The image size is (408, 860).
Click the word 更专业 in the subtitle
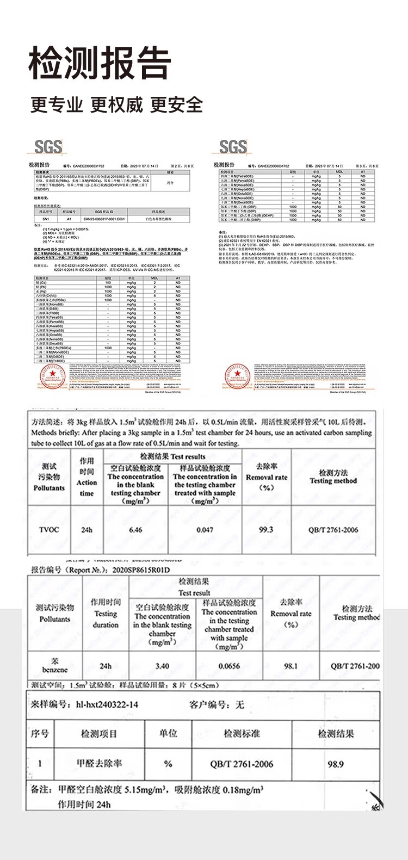57,104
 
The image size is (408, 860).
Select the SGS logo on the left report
48,146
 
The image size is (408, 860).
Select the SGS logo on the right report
233,146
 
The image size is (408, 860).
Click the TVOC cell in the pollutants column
49,529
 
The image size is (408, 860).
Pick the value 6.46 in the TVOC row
135,529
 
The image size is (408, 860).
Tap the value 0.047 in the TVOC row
205,529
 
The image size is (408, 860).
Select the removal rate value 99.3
266,529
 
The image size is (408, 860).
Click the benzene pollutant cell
54,665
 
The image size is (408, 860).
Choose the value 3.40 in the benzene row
162,666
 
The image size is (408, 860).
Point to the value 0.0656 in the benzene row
229,666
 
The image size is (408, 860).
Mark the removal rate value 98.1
291,666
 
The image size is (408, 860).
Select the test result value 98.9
336,764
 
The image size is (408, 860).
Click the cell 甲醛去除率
99,764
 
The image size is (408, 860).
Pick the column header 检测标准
242,734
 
